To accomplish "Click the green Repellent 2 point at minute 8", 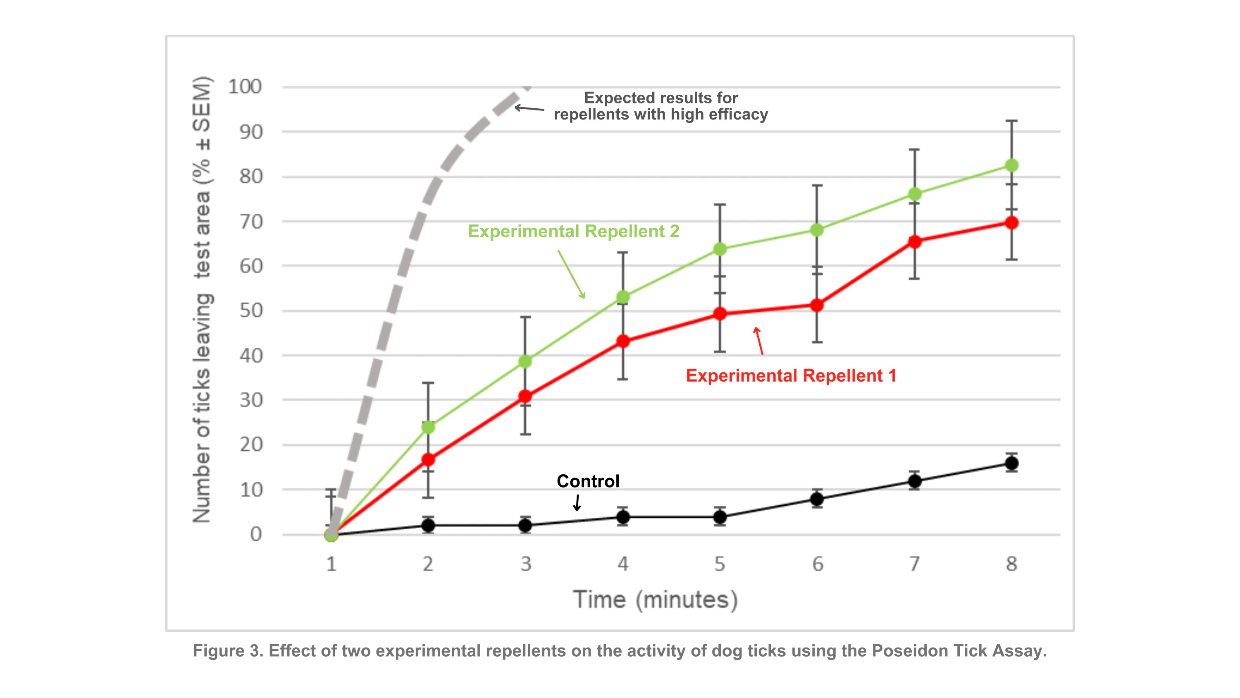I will click(x=1011, y=165).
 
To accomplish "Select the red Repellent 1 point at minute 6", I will click(x=817, y=305).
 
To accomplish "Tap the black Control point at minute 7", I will click(x=915, y=481).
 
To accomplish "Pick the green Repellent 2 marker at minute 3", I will click(x=525, y=361).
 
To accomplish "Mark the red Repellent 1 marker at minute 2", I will click(x=428, y=459).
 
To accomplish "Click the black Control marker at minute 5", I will click(x=720, y=517).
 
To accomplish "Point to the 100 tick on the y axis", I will click(x=245, y=87).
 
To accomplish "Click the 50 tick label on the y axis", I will click(x=251, y=311).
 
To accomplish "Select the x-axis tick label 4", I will click(x=623, y=564).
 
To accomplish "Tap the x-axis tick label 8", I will click(x=1011, y=564).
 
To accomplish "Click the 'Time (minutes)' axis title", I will click(x=655, y=600).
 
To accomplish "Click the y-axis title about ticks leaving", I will click(x=202, y=299).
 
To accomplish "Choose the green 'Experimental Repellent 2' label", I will click(x=573, y=231).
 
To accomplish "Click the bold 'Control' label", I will click(x=588, y=481).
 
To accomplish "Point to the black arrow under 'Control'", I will click(x=577, y=502).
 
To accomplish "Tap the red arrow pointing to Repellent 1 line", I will click(x=759, y=341).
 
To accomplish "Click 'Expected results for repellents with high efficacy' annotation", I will click(x=661, y=106).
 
